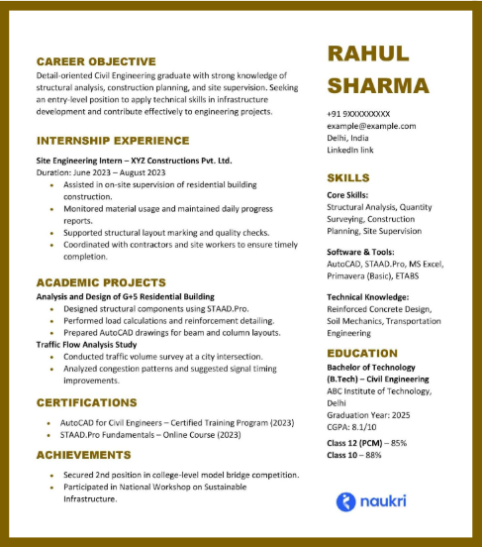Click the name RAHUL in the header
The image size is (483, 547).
point(367,55)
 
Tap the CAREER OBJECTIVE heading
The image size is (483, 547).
point(96,61)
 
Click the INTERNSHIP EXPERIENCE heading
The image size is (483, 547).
point(113,141)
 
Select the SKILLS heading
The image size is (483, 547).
point(348,178)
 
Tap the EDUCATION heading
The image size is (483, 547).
point(362,353)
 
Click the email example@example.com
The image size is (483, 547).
point(371,126)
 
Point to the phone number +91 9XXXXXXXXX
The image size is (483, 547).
point(358,114)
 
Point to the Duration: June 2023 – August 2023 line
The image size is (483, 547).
point(101,172)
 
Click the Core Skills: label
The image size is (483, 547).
point(347,195)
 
